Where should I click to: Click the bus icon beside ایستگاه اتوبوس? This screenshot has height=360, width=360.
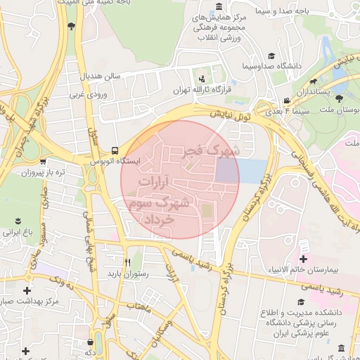pos(115,150)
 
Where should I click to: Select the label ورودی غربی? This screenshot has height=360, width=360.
pos(88,93)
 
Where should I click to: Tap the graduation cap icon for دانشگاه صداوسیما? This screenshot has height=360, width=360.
pos(271,56)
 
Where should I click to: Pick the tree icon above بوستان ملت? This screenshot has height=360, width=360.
pos(340,99)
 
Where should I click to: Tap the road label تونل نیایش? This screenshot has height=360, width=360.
pos(229,113)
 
